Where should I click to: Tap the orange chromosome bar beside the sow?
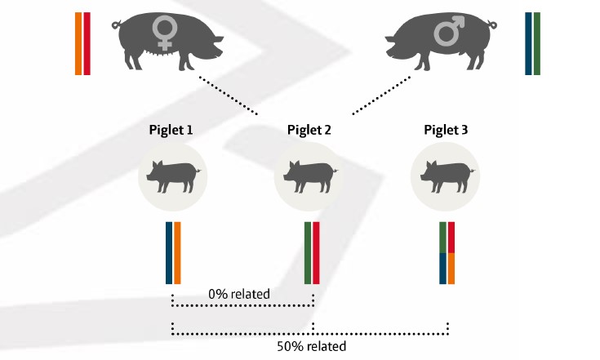click(x=78, y=44)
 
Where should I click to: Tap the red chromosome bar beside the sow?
click(x=87, y=44)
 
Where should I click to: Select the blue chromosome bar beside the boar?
click(x=529, y=44)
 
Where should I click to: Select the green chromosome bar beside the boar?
click(x=537, y=44)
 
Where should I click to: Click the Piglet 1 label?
click(x=171, y=130)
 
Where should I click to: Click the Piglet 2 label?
click(x=309, y=130)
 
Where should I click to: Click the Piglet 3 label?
click(x=446, y=130)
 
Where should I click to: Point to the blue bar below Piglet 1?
click(x=169, y=252)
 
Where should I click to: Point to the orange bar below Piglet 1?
click(x=177, y=252)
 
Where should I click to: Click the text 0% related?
click(x=239, y=293)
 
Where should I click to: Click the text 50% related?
click(x=311, y=346)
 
